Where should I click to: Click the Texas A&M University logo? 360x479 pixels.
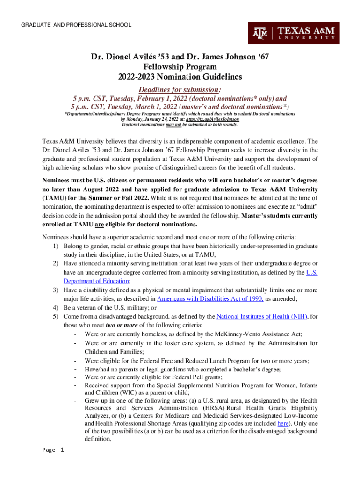(294, 33)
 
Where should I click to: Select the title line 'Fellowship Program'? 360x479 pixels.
(180, 67)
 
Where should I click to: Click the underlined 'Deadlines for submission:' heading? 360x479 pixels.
(180, 89)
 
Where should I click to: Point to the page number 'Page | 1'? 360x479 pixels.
(53, 450)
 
